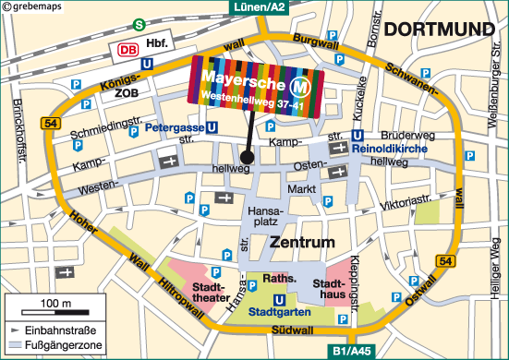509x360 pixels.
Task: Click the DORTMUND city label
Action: click(440, 30)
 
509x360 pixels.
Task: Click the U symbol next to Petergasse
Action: click(212, 128)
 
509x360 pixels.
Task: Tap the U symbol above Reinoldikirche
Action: click(358, 135)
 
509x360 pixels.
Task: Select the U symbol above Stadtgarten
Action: click(278, 298)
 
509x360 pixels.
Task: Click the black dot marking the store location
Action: click(248, 158)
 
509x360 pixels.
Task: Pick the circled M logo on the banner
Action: click(300, 88)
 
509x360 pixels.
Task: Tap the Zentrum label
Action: click(300, 244)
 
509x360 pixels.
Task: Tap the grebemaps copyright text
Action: click(34, 6)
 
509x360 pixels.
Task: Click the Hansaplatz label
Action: click(268, 217)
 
